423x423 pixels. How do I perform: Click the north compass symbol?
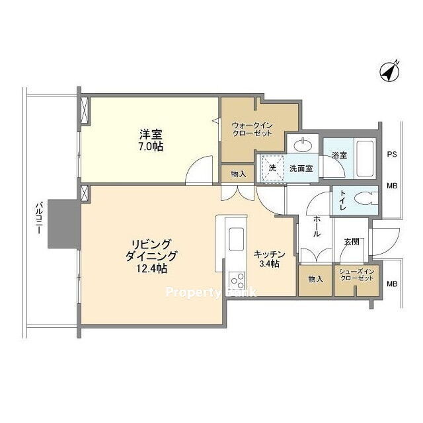pyautogui.click(x=389, y=72)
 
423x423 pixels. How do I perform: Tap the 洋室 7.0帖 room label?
pyautogui.click(x=151, y=140)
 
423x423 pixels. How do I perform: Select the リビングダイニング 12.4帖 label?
pyautogui.click(x=151, y=256)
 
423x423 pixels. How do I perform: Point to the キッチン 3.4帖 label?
pyautogui.click(x=269, y=259)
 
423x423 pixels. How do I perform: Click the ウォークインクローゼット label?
pyautogui.click(x=252, y=130)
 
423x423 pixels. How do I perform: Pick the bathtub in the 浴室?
pyautogui.click(x=365, y=159)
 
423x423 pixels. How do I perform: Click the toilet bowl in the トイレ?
pyautogui.click(x=365, y=200)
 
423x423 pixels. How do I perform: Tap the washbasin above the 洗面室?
pyautogui.click(x=303, y=145)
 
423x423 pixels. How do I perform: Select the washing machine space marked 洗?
pyautogui.click(x=272, y=167)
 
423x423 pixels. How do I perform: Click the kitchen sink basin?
pyautogui.click(x=237, y=237)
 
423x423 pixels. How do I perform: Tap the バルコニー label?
pyautogui.click(x=38, y=219)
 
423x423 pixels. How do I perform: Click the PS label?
pyautogui.click(x=392, y=155)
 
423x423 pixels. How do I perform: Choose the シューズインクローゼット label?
pyautogui.click(x=356, y=275)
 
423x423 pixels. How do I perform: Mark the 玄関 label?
pyautogui.click(x=352, y=241)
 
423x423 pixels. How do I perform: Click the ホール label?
pyautogui.click(x=316, y=227)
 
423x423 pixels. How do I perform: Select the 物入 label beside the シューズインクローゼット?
pyautogui.click(x=315, y=279)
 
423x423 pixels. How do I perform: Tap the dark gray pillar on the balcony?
pyautogui.click(x=64, y=224)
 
